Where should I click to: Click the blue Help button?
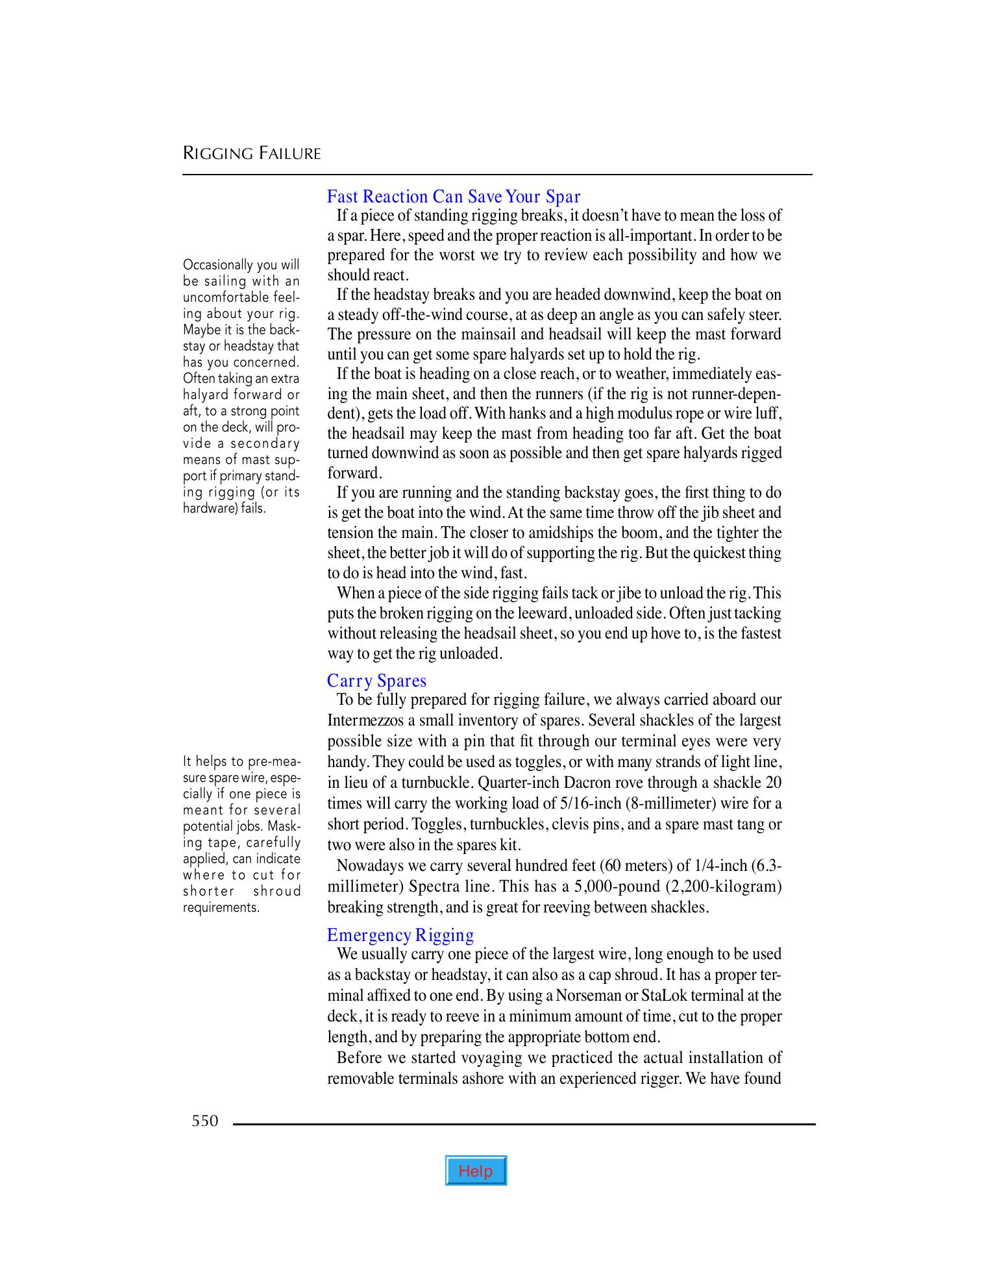pyautogui.click(x=476, y=1171)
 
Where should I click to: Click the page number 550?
pyautogui.click(x=205, y=1121)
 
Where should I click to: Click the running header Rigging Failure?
pyautogui.click(x=252, y=154)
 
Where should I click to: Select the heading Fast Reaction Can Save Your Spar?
pyautogui.click(x=453, y=196)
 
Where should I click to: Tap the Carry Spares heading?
pyautogui.click(x=376, y=681)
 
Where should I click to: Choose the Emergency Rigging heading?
pyautogui.click(x=400, y=935)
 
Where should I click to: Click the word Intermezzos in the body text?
pyautogui.click(x=359, y=720)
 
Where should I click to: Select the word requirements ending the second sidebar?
pyautogui.click(x=221, y=907)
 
